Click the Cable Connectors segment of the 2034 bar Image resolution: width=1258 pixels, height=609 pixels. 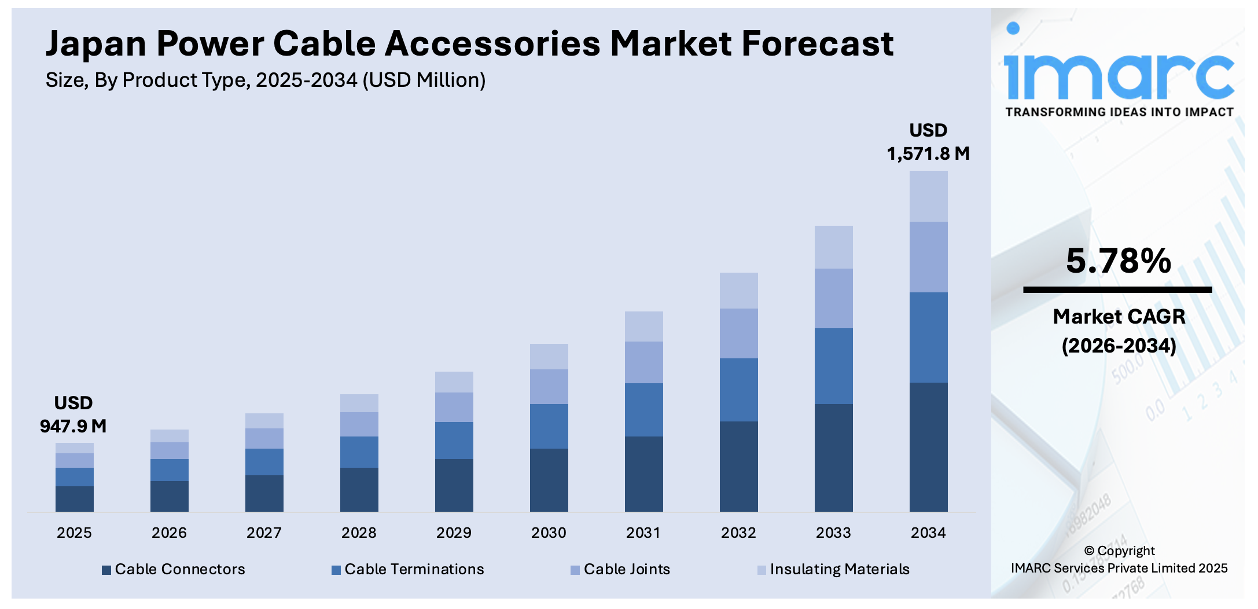click(928, 446)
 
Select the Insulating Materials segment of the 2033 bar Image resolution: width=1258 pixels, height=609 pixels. click(833, 247)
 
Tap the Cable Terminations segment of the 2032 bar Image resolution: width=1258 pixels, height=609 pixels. click(738, 390)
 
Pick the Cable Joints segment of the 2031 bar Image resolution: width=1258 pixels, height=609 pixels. click(643, 362)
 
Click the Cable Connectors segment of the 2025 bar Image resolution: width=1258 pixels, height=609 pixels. click(74, 498)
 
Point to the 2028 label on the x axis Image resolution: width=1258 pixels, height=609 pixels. click(359, 533)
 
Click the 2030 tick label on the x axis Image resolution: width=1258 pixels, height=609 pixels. click(549, 533)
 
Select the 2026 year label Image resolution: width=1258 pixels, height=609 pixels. click(169, 533)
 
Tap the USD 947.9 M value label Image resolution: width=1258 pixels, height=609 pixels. click(73, 415)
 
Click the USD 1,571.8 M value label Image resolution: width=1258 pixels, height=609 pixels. click(928, 142)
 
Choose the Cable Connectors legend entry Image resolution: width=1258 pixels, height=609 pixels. click(174, 569)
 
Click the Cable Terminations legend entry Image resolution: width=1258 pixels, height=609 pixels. click(408, 569)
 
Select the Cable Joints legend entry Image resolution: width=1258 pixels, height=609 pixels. click(620, 569)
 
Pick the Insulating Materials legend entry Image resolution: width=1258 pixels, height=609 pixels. click(833, 569)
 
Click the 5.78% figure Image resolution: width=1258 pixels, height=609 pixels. click(1118, 261)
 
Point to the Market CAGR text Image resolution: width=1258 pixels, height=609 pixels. click(1119, 317)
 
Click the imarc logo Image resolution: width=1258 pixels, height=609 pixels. click(1118, 69)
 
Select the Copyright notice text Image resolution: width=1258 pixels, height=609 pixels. click(1119, 559)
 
